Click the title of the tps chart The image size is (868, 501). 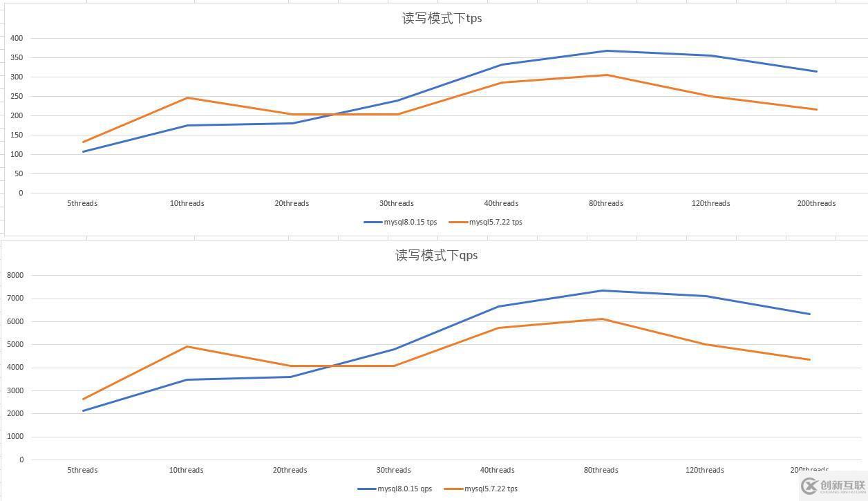pyautogui.click(x=442, y=19)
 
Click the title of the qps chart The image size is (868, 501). pyautogui.click(x=436, y=256)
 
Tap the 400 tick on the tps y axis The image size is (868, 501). pyautogui.click(x=17, y=39)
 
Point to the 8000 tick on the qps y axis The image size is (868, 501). pyautogui.click(x=15, y=276)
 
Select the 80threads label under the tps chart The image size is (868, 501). pyautogui.click(x=605, y=204)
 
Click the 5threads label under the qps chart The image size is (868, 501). pyautogui.click(x=82, y=471)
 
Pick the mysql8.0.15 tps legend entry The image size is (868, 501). pyautogui.click(x=401, y=223)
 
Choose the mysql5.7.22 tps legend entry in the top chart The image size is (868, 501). pyautogui.click(x=486, y=223)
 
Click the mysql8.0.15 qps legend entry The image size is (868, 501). pyautogui.click(x=395, y=489)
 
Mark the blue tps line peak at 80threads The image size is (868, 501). pyautogui.click(x=607, y=51)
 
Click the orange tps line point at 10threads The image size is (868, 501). pyautogui.click(x=187, y=98)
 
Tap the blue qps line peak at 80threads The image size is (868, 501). pyautogui.click(x=602, y=291)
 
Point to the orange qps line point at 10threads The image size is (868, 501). pyautogui.click(x=187, y=347)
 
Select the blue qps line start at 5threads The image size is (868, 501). pyautogui.click(x=83, y=411)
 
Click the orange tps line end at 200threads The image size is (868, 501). pyautogui.click(x=816, y=109)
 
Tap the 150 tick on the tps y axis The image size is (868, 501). pyautogui.click(x=17, y=135)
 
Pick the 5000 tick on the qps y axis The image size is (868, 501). pyautogui.click(x=15, y=345)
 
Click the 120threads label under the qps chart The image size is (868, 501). pyautogui.click(x=704, y=471)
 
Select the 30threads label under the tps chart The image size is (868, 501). pyautogui.click(x=396, y=204)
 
